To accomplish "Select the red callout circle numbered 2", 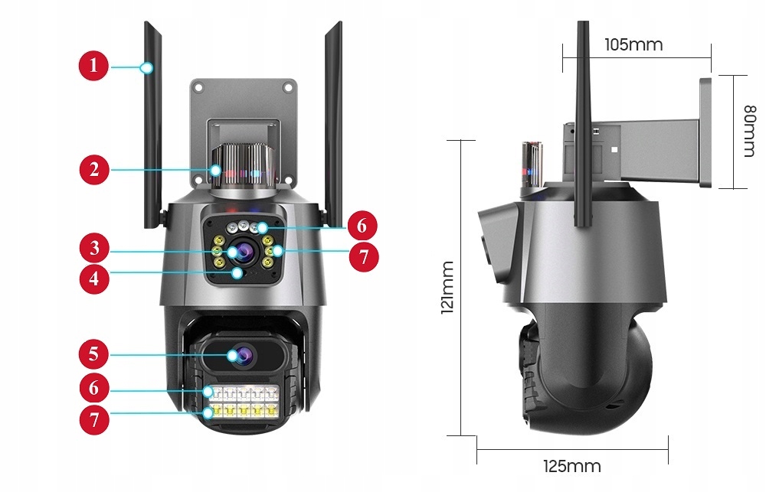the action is (x=93, y=169).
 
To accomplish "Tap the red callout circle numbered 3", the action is (x=93, y=248).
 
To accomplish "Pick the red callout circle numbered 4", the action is (x=93, y=277).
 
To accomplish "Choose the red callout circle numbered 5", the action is (x=93, y=354).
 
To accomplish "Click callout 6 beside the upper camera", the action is (x=362, y=226).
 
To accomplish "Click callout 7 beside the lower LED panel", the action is (x=93, y=419).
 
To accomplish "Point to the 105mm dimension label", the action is (x=633, y=44).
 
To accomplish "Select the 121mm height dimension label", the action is (x=447, y=287).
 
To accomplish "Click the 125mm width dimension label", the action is (x=571, y=466).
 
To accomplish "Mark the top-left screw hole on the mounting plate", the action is (x=199, y=88).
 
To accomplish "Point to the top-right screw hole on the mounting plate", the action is (x=288, y=88).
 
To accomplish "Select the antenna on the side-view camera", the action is (x=584, y=122).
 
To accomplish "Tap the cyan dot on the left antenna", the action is (x=147, y=68).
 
